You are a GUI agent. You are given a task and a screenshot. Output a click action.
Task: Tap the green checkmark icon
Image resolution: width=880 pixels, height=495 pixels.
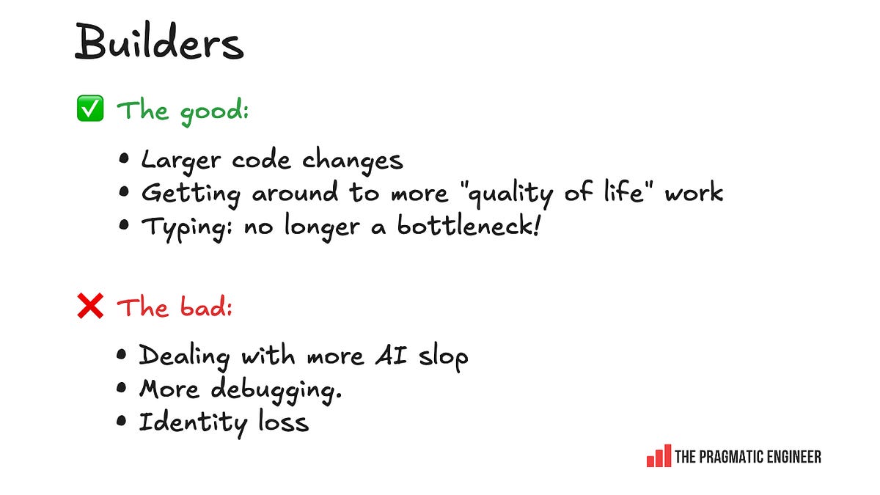[90, 109]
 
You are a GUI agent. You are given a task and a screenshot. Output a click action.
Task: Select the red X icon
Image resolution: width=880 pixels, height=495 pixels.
[90, 307]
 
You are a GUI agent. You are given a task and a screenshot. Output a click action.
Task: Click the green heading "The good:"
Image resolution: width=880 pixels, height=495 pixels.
[183, 111]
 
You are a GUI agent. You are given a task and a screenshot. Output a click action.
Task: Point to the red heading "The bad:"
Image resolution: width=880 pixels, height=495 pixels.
[175, 307]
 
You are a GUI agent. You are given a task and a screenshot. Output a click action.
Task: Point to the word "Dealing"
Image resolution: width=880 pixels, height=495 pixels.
[183, 357]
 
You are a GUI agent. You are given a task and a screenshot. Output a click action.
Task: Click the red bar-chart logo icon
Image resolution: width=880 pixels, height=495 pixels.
[658, 456]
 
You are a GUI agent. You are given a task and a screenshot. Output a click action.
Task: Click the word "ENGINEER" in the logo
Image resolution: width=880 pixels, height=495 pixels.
[795, 457]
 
